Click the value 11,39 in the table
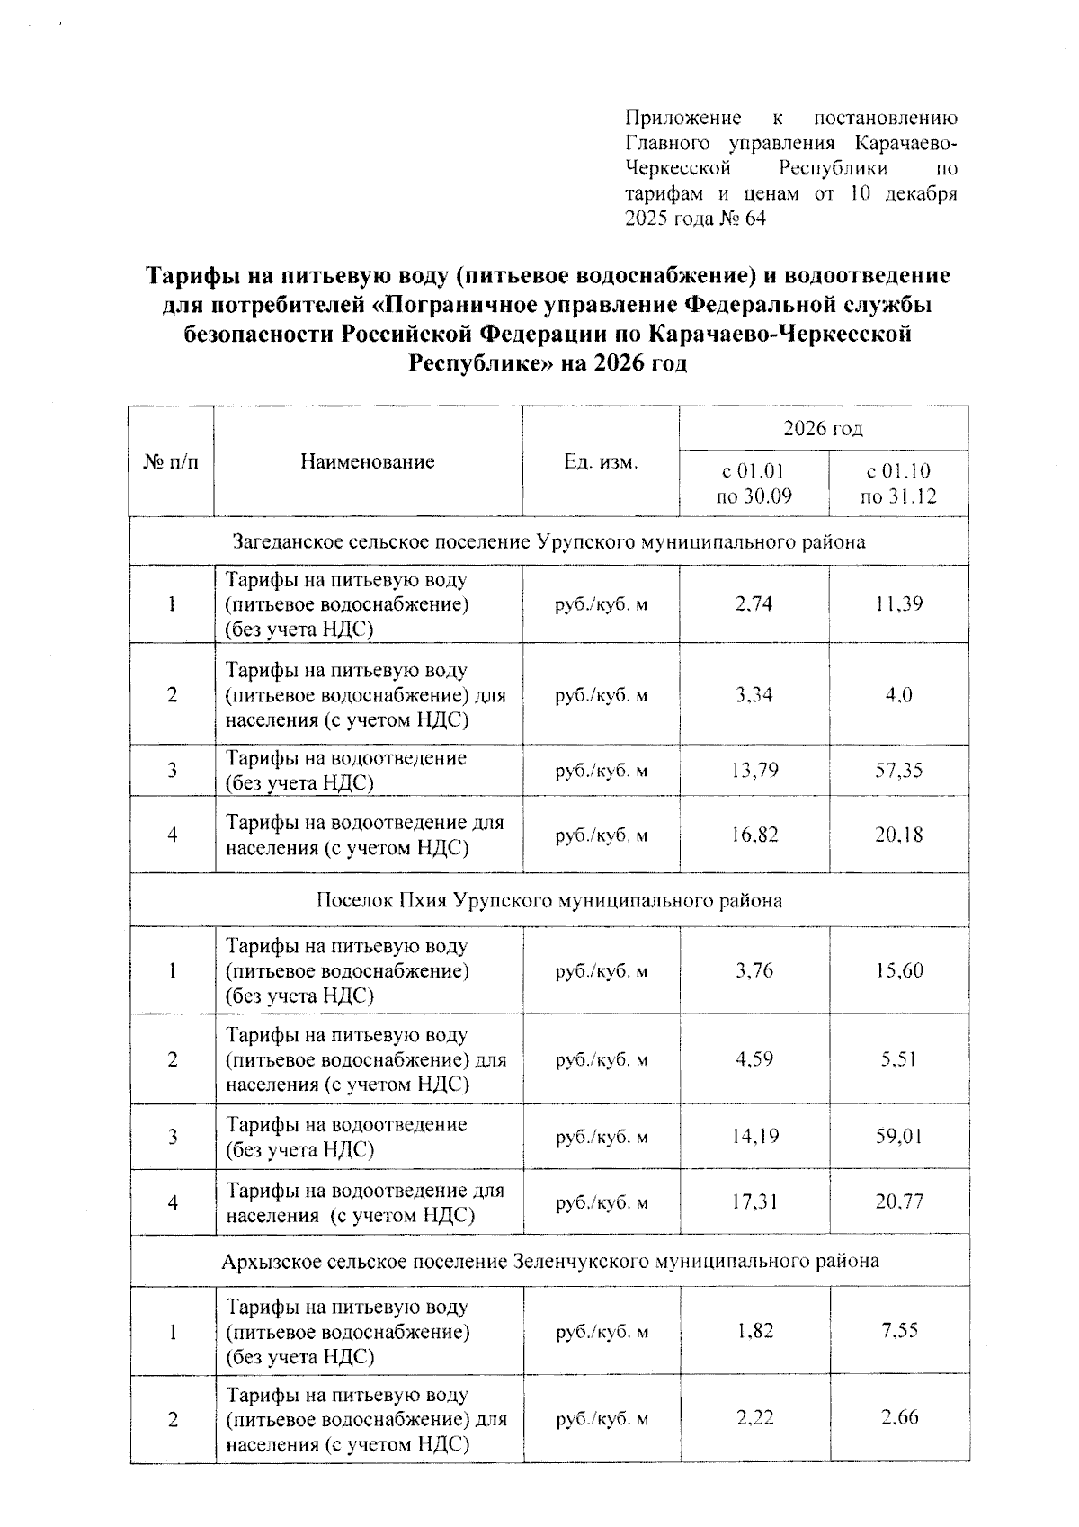(x=899, y=604)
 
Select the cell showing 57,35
(x=899, y=771)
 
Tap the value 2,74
(x=754, y=604)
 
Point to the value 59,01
(x=899, y=1137)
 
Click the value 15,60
(x=899, y=971)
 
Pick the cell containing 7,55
(x=899, y=1331)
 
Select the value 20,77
(x=899, y=1202)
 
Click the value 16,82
(x=754, y=835)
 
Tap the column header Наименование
(x=368, y=462)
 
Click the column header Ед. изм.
(x=601, y=462)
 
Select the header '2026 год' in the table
(x=823, y=429)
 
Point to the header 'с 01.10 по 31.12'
(x=898, y=484)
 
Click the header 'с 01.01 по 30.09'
(x=754, y=484)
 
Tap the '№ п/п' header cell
(x=171, y=462)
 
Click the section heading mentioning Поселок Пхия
(x=548, y=900)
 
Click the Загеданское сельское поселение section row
(x=548, y=542)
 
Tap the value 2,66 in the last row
(x=899, y=1418)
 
